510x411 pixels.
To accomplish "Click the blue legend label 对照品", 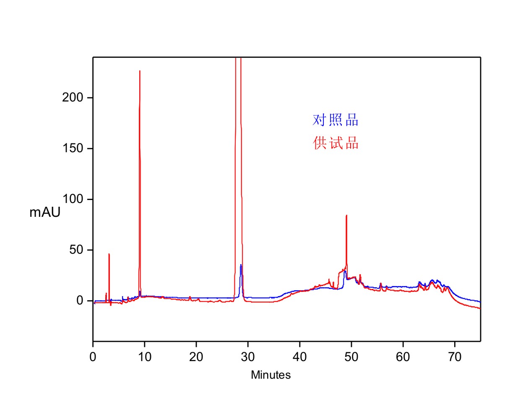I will tap(336, 120).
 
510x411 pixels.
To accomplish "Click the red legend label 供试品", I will tap(336, 143).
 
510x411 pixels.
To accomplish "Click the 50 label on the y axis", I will tap(78, 250).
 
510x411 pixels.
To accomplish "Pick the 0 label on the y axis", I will tap(83, 301).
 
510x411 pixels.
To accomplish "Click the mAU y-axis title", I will tap(45, 213).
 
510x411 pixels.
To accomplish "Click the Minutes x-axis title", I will tap(271, 375).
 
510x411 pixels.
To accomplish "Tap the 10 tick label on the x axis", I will tap(145, 358).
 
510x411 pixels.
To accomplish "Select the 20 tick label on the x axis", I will tap(196, 358).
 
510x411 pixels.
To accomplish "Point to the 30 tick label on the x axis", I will tap(248, 358).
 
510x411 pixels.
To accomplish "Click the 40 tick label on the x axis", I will tap(300, 358).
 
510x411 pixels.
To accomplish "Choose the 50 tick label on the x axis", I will tap(351, 358).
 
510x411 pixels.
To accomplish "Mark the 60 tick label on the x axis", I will tap(403, 358).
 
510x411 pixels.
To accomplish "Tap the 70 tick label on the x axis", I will tap(455, 358).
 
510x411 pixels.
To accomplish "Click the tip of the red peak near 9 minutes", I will tap(140, 71).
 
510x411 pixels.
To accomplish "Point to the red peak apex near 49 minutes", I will tap(346, 215).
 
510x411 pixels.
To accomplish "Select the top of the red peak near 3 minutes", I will tap(109, 254).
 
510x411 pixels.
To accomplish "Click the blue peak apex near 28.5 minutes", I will tap(241, 265).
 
